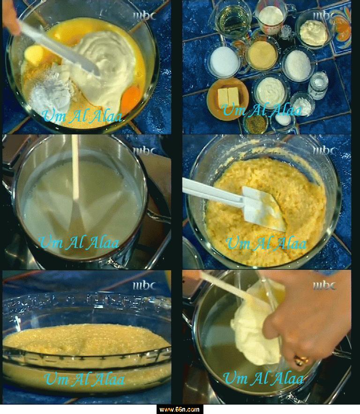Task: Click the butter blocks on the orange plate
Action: [x=228, y=96]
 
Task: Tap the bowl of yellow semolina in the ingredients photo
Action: [x=262, y=55]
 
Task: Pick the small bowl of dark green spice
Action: [x=255, y=124]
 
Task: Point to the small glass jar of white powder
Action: [x=318, y=85]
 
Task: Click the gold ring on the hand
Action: [x=301, y=360]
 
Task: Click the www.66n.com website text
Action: [x=180, y=409]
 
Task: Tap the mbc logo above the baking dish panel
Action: [x=144, y=286]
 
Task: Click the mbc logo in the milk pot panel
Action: [x=144, y=151]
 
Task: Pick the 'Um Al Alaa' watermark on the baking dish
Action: [x=84, y=379]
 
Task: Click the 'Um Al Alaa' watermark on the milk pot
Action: [x=79, y=243]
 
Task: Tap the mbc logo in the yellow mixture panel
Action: [x=324, y=151]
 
